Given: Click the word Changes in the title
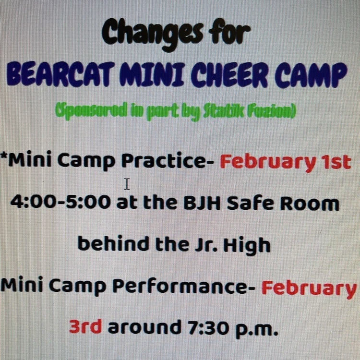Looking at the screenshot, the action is (x=153, y=35).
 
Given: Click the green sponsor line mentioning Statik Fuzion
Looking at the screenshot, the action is (x=176, y=111).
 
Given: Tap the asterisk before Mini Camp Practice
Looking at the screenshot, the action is (x=4, y=155).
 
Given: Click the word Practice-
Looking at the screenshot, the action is (x=168, y=160).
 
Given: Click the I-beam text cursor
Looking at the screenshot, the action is (x=127, y=184).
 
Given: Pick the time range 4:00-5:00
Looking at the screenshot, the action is (x=61, y=202).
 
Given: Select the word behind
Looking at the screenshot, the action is (x=113, y=243).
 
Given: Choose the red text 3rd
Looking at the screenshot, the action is (x=85, y=326).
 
